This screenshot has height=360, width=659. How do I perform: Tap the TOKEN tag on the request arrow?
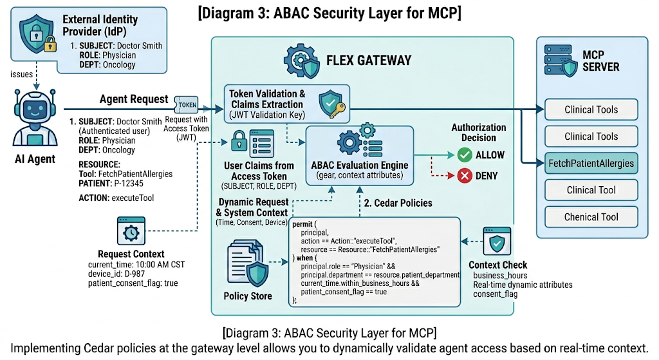187,103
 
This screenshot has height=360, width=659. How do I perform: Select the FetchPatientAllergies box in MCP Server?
591,163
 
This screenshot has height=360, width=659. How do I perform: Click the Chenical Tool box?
591,217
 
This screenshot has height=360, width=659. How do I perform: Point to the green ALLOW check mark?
465,155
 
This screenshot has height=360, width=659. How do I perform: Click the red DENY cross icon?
465,175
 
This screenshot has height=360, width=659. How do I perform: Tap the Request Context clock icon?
130,231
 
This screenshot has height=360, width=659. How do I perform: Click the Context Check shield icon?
497,243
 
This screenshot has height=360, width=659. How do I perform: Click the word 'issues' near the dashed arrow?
21,75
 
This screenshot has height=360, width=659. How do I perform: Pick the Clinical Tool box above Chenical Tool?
591,190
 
